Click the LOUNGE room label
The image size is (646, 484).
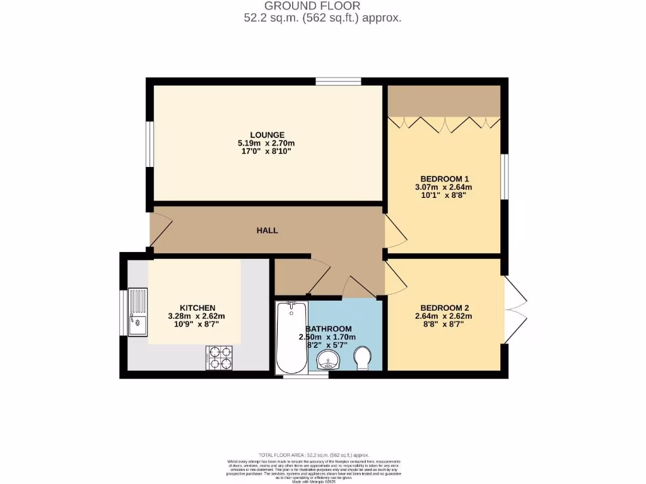(x=267, y=135)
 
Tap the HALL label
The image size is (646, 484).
(x=267, y=231)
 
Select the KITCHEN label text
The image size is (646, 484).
(x=197, y=308)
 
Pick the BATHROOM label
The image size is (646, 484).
(x=329, y=329)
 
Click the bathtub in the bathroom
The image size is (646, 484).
(x=291, y=337)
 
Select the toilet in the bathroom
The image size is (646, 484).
(x=363, y=358)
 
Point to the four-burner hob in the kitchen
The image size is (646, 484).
(x=220, y=357)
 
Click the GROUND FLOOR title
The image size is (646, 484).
(x=322, y=6)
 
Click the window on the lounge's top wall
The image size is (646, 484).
(x=338, y=81)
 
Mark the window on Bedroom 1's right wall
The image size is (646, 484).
(x=504, y=176)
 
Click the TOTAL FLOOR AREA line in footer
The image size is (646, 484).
(x=314, y=455)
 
